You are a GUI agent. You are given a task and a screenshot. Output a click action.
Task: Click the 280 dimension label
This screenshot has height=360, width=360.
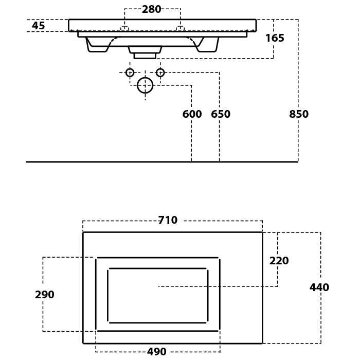point(152,9)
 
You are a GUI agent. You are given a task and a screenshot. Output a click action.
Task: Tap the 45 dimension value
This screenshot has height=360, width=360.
point(39,26)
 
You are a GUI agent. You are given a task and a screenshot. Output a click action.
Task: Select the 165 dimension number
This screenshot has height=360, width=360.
point(275,38)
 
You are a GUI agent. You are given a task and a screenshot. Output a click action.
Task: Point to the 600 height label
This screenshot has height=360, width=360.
point(192,114)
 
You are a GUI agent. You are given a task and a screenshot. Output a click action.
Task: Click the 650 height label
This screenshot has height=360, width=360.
point(221,114)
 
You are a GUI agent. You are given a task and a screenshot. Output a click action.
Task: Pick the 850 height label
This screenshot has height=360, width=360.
point(299,114)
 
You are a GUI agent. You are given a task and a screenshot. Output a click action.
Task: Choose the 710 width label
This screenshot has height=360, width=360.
point(168,220)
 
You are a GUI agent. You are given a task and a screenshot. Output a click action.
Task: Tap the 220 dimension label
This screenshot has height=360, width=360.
point(279,261)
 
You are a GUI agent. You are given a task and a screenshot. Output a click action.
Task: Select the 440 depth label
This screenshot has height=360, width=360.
point(319,287)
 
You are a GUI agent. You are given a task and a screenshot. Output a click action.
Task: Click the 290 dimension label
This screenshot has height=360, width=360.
point(45,295)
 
